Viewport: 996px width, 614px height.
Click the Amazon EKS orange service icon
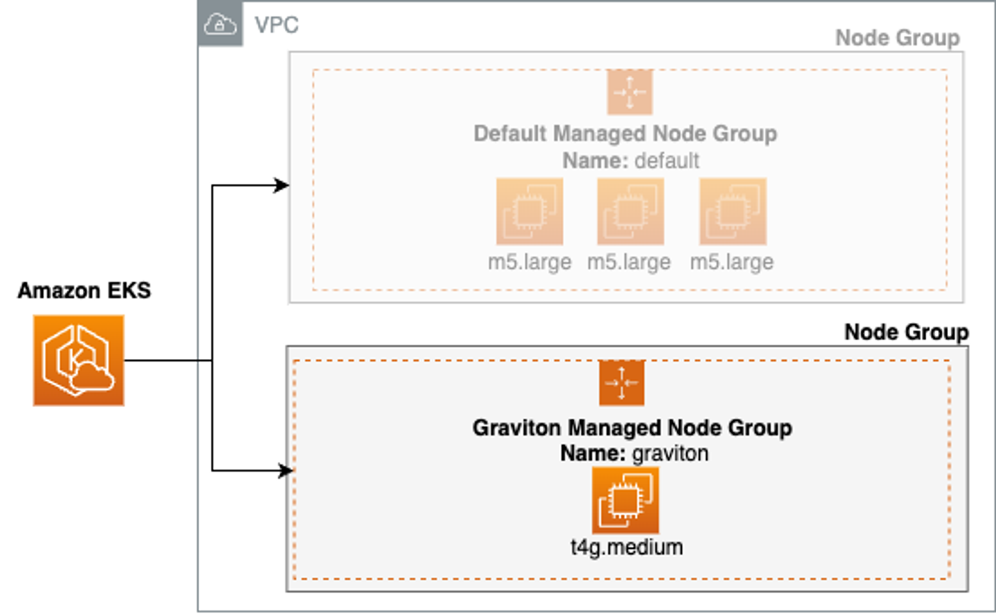coord(79,360)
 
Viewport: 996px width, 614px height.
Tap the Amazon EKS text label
coord(84,291)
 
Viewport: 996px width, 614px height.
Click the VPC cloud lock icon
coord(220,24)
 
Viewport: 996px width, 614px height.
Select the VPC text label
coord(276,25)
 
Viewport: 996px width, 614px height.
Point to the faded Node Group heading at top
coord(897,38)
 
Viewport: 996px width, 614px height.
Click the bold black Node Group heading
coord(906,332)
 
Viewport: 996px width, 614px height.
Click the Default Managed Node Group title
coord(625,134)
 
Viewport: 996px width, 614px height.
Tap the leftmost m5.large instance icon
coord(529,211)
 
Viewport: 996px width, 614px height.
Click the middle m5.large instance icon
coord(630,211)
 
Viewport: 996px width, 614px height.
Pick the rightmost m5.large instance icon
coord(733,211)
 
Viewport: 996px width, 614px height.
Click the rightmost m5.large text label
coord(732,262)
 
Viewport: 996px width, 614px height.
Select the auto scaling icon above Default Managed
coord(629,92)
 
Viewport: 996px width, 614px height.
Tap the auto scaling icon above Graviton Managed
coord(622,383)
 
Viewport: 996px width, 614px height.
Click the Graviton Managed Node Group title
coord(632,428)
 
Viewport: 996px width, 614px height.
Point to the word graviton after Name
coord(670,454)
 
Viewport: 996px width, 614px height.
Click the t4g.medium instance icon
coord(625,500)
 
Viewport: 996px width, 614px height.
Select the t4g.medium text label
coord(626,547)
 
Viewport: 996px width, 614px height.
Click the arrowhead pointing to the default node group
coord(282,185)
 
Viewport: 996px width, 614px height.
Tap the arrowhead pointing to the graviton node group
coord(286,470)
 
